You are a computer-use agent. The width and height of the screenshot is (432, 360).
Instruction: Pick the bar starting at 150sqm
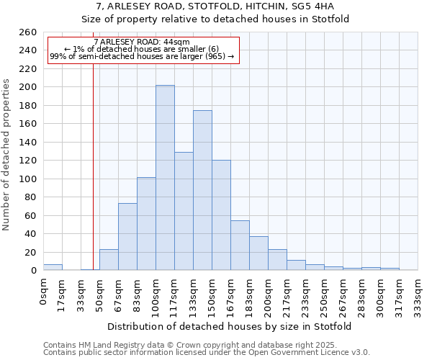221,215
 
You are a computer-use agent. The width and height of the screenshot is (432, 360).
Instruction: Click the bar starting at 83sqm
146,224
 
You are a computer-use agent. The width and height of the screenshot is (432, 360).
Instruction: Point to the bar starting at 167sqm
240,246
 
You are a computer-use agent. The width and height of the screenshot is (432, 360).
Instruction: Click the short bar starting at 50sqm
109,260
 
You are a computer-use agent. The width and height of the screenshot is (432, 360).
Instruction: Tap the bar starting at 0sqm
53,267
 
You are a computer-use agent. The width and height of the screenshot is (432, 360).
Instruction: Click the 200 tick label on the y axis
28,87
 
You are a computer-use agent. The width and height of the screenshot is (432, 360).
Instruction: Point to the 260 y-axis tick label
28,32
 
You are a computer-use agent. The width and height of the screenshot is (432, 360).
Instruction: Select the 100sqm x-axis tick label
156,296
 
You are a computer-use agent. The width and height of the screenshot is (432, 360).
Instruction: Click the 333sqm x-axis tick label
418,296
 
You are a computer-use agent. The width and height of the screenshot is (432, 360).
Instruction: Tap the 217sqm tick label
287,296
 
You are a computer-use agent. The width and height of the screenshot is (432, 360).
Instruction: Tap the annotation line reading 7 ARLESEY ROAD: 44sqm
142,42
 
